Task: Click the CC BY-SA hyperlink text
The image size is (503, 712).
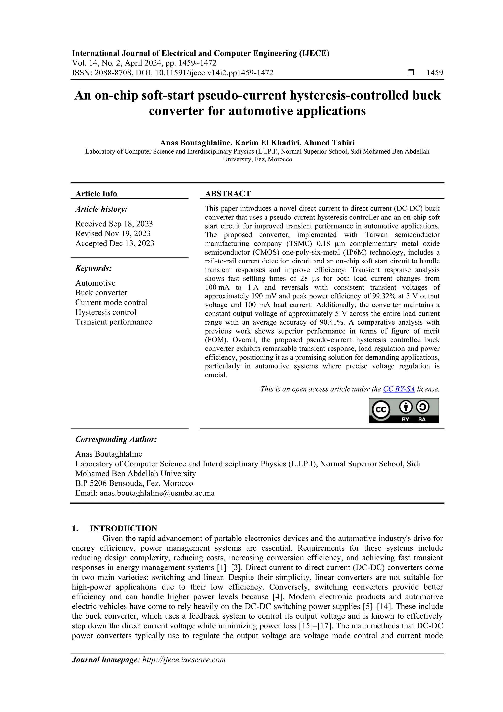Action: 399,389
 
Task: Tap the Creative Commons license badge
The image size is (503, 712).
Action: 404,410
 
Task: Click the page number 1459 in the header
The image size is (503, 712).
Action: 434,73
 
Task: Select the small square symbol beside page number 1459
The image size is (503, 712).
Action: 411,73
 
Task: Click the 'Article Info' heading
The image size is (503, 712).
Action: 96,194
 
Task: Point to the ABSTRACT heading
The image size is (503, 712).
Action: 227,194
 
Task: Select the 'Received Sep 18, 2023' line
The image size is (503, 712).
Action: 114,224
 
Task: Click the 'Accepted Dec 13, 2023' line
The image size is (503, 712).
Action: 114,243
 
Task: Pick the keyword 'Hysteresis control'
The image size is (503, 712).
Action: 105,312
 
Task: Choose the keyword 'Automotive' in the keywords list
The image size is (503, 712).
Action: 95,283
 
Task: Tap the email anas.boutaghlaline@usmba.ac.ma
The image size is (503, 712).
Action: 157,493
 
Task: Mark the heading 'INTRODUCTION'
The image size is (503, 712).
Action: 123,528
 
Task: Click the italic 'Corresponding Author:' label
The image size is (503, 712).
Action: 116,439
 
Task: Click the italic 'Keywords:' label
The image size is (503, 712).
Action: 93,268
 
